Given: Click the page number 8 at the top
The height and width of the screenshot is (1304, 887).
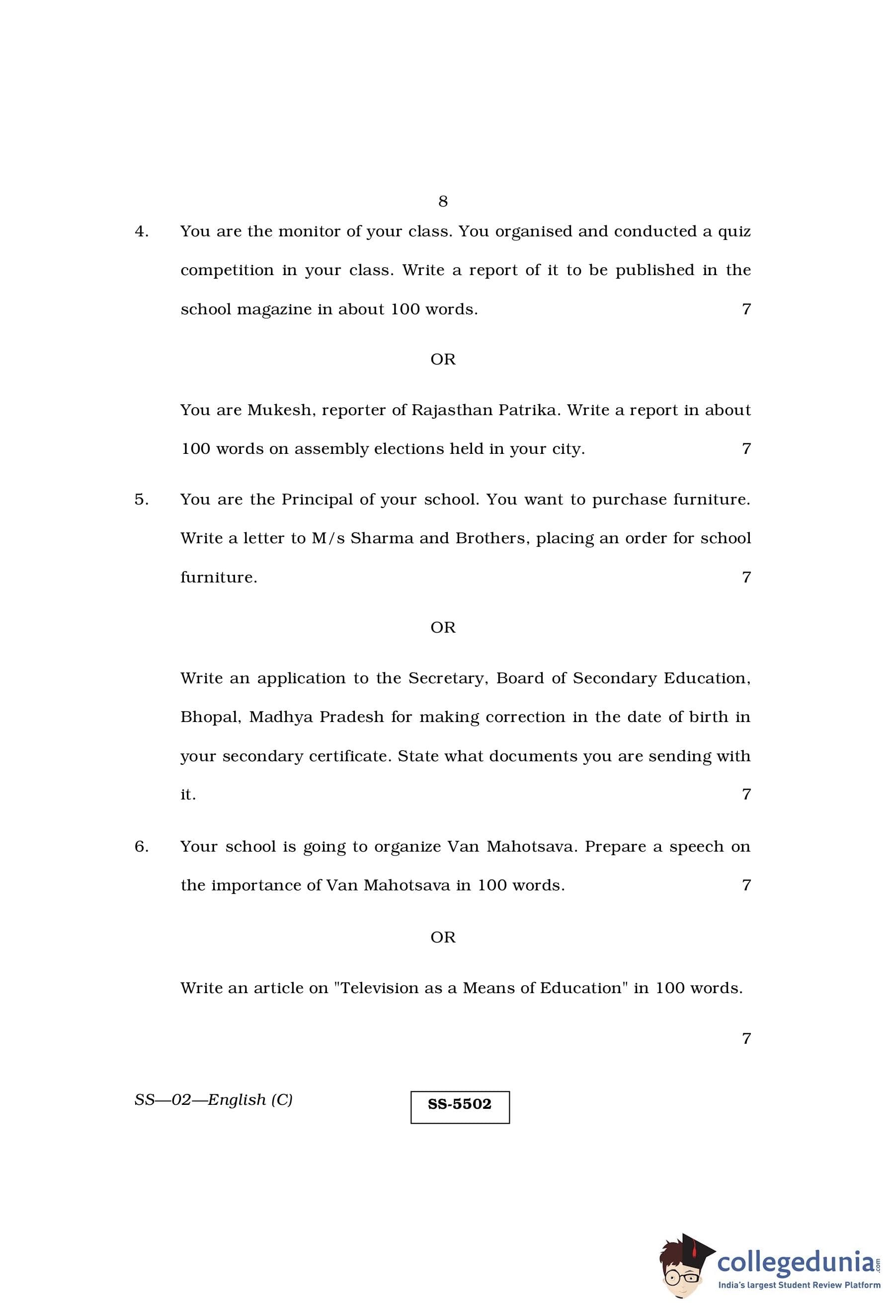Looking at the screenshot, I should point(443,201).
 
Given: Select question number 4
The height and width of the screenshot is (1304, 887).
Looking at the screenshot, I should point(142,231).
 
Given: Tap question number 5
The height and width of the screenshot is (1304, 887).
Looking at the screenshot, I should point(142,500).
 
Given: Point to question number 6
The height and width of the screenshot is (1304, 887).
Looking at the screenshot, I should point(142,846).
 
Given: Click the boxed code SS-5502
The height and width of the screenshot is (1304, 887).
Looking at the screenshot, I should point(460,1104).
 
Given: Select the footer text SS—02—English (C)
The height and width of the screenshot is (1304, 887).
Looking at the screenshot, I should point(213,1099).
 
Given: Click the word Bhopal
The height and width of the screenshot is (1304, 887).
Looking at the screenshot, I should point(211,717).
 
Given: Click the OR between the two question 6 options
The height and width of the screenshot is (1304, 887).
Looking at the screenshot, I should point(443,937).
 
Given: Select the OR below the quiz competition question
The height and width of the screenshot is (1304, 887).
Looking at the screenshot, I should point(443,359).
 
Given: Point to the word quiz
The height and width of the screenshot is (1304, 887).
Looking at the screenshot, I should point(734,231).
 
